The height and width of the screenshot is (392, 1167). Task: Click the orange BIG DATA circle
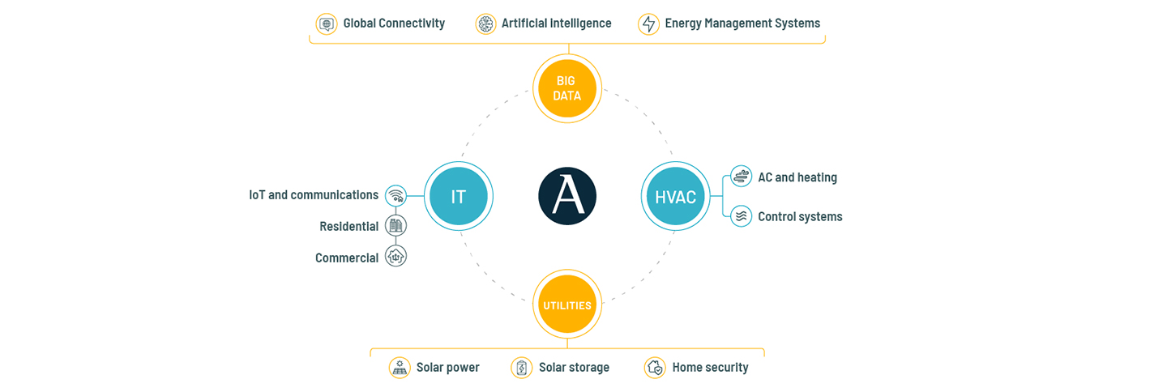567,88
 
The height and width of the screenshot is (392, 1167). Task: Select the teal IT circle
459,196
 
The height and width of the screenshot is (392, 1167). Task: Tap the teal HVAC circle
675,196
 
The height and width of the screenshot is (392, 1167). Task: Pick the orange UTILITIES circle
567,305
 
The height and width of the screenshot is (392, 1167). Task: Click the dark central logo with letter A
567,196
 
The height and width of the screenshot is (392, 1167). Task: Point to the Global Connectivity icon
327,23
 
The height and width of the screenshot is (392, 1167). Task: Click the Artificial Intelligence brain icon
485,23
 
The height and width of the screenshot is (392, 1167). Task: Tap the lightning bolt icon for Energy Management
648,23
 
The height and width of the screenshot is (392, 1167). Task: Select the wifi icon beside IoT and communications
395,195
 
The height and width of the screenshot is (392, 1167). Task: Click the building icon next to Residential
395,226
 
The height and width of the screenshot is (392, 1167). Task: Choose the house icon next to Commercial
395,257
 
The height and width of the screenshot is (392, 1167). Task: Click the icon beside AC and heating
741,177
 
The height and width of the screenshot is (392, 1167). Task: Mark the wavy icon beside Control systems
741,216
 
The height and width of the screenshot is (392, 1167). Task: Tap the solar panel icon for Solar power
400,368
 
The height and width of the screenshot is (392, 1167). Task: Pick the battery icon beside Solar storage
522,368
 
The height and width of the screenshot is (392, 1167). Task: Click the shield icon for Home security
655,368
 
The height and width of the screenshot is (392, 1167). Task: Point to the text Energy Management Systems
742,23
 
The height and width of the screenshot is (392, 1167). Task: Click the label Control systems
800,217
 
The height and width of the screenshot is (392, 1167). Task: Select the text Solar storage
574,368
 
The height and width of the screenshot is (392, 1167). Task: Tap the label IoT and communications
314,195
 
